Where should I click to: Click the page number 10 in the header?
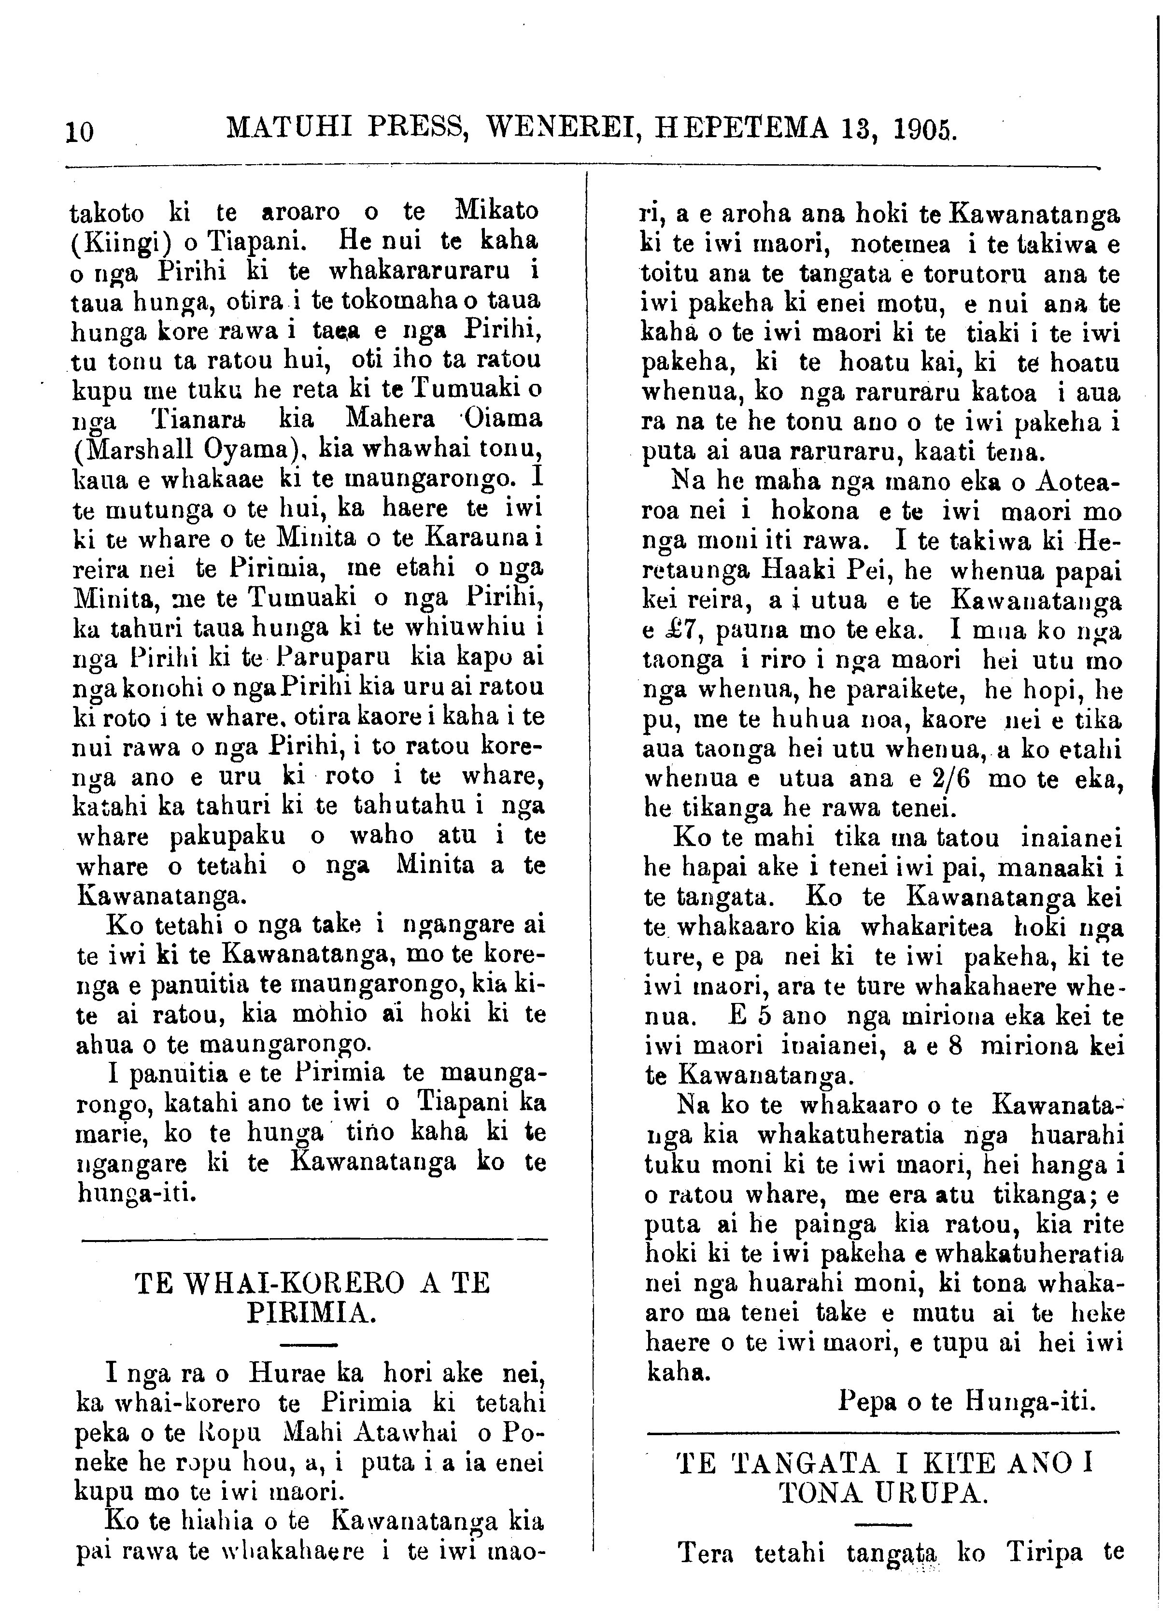[x=79, y=132]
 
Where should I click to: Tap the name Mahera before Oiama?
[x=392, y=419]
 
